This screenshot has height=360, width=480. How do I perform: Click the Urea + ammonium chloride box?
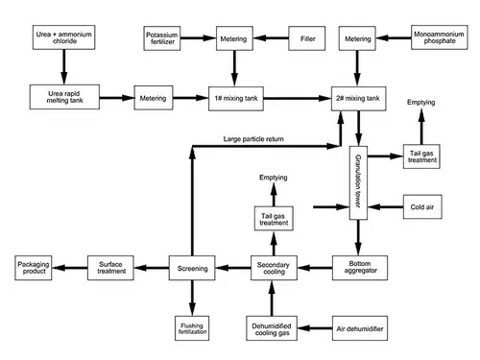(63, 39)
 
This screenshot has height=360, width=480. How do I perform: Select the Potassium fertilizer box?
(162, 39)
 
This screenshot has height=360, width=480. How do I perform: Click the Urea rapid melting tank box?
(63, 97)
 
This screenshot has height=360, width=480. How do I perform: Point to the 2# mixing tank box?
(357, 97)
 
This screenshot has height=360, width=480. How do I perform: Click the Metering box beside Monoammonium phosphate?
(357, 39)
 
